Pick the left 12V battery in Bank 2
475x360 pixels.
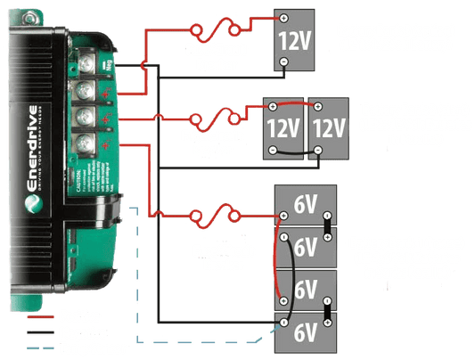pos(283,128)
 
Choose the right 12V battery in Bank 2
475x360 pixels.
pos(327,128)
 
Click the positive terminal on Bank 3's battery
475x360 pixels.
pos(283,18)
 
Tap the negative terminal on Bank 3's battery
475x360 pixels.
pos(283,62)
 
